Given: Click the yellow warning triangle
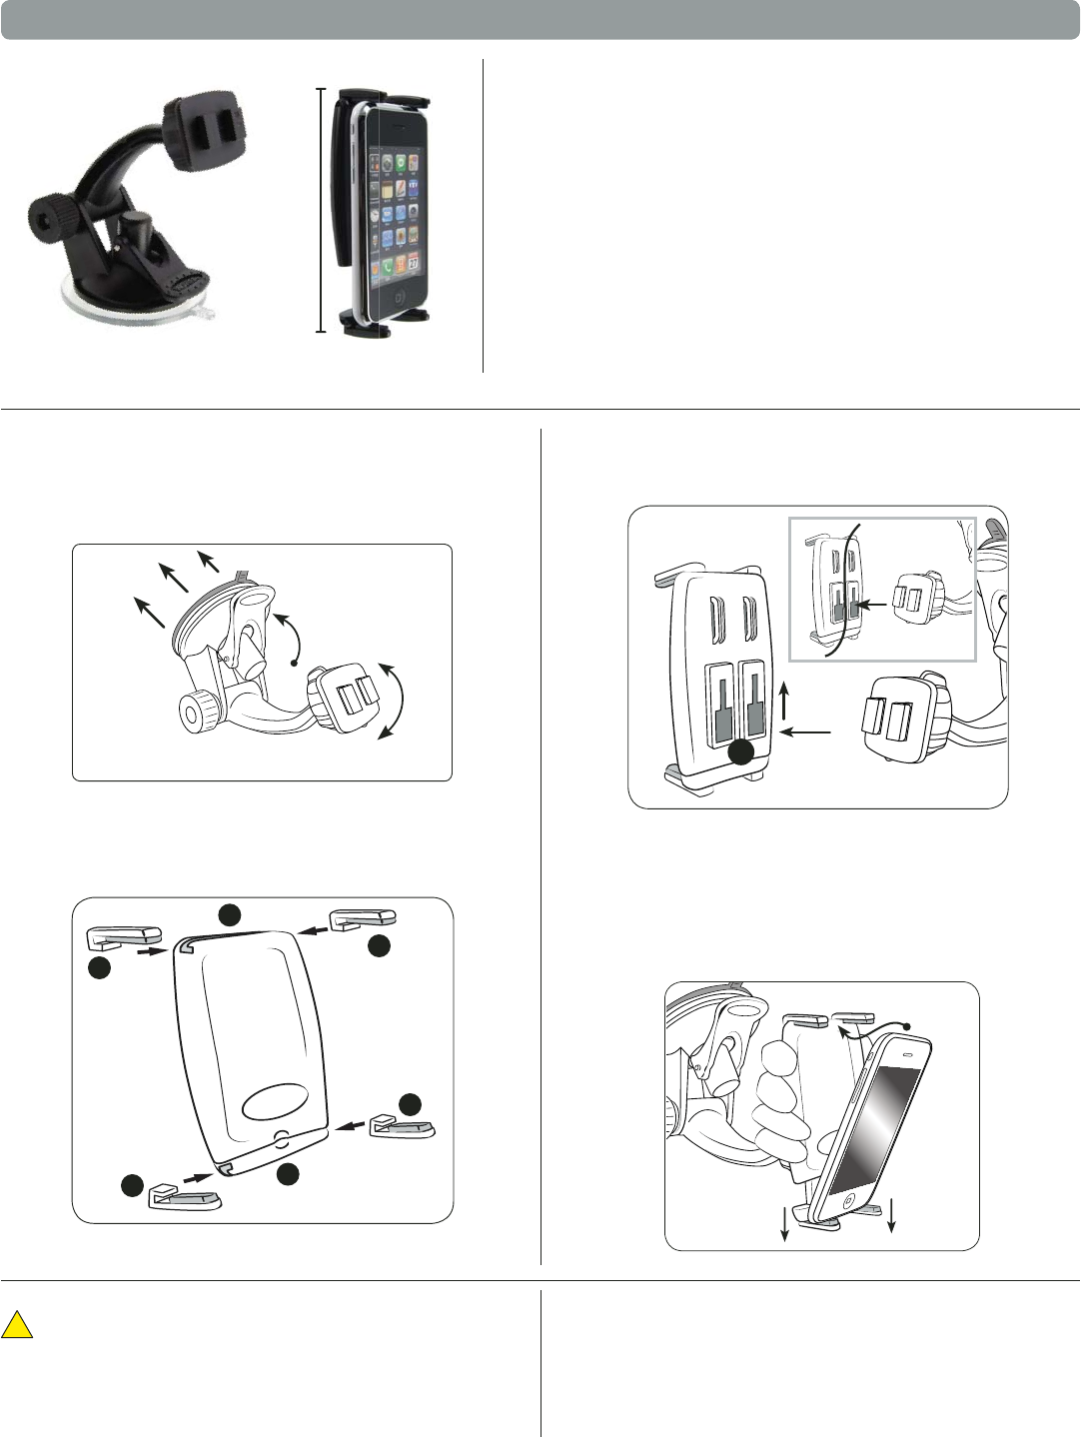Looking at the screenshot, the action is pos(17,1326).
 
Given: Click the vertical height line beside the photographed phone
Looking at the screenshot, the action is pos(321,210).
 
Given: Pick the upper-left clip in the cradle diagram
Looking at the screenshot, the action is pos(124,936).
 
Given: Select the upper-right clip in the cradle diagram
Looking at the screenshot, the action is pos(363,918).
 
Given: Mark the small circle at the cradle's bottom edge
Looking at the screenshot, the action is pos(282,1137).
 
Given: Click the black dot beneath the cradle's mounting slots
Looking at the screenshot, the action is pos(740,753).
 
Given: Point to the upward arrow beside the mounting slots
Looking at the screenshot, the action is pos(786,701).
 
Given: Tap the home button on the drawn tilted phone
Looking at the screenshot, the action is pos(848,1200).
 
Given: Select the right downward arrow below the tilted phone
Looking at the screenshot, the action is pos(890,1214).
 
